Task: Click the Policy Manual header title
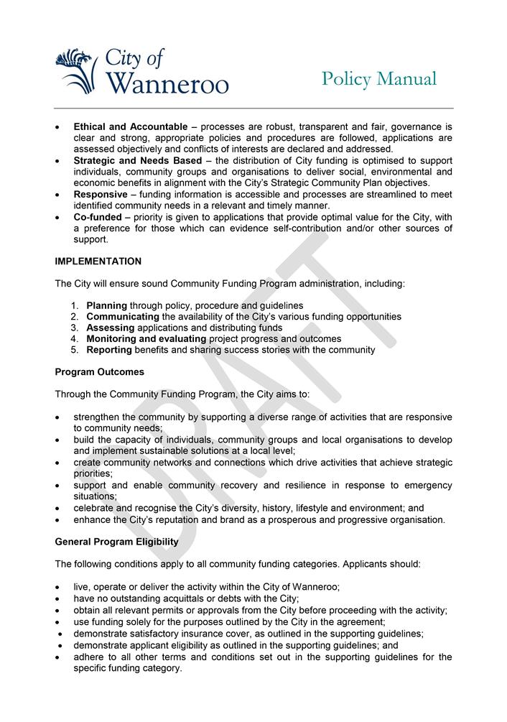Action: point(378,78)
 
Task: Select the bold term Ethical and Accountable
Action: point(131,127)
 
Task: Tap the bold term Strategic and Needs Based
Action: point(138,161)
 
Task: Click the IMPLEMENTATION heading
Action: point(98,262)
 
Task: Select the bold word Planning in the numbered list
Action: point(107,305)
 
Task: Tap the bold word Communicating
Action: point(123,317)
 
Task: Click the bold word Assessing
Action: point(110,328)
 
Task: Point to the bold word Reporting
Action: point(109,350)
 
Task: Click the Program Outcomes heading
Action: point(100,372)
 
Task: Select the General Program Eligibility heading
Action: point(117,542)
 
